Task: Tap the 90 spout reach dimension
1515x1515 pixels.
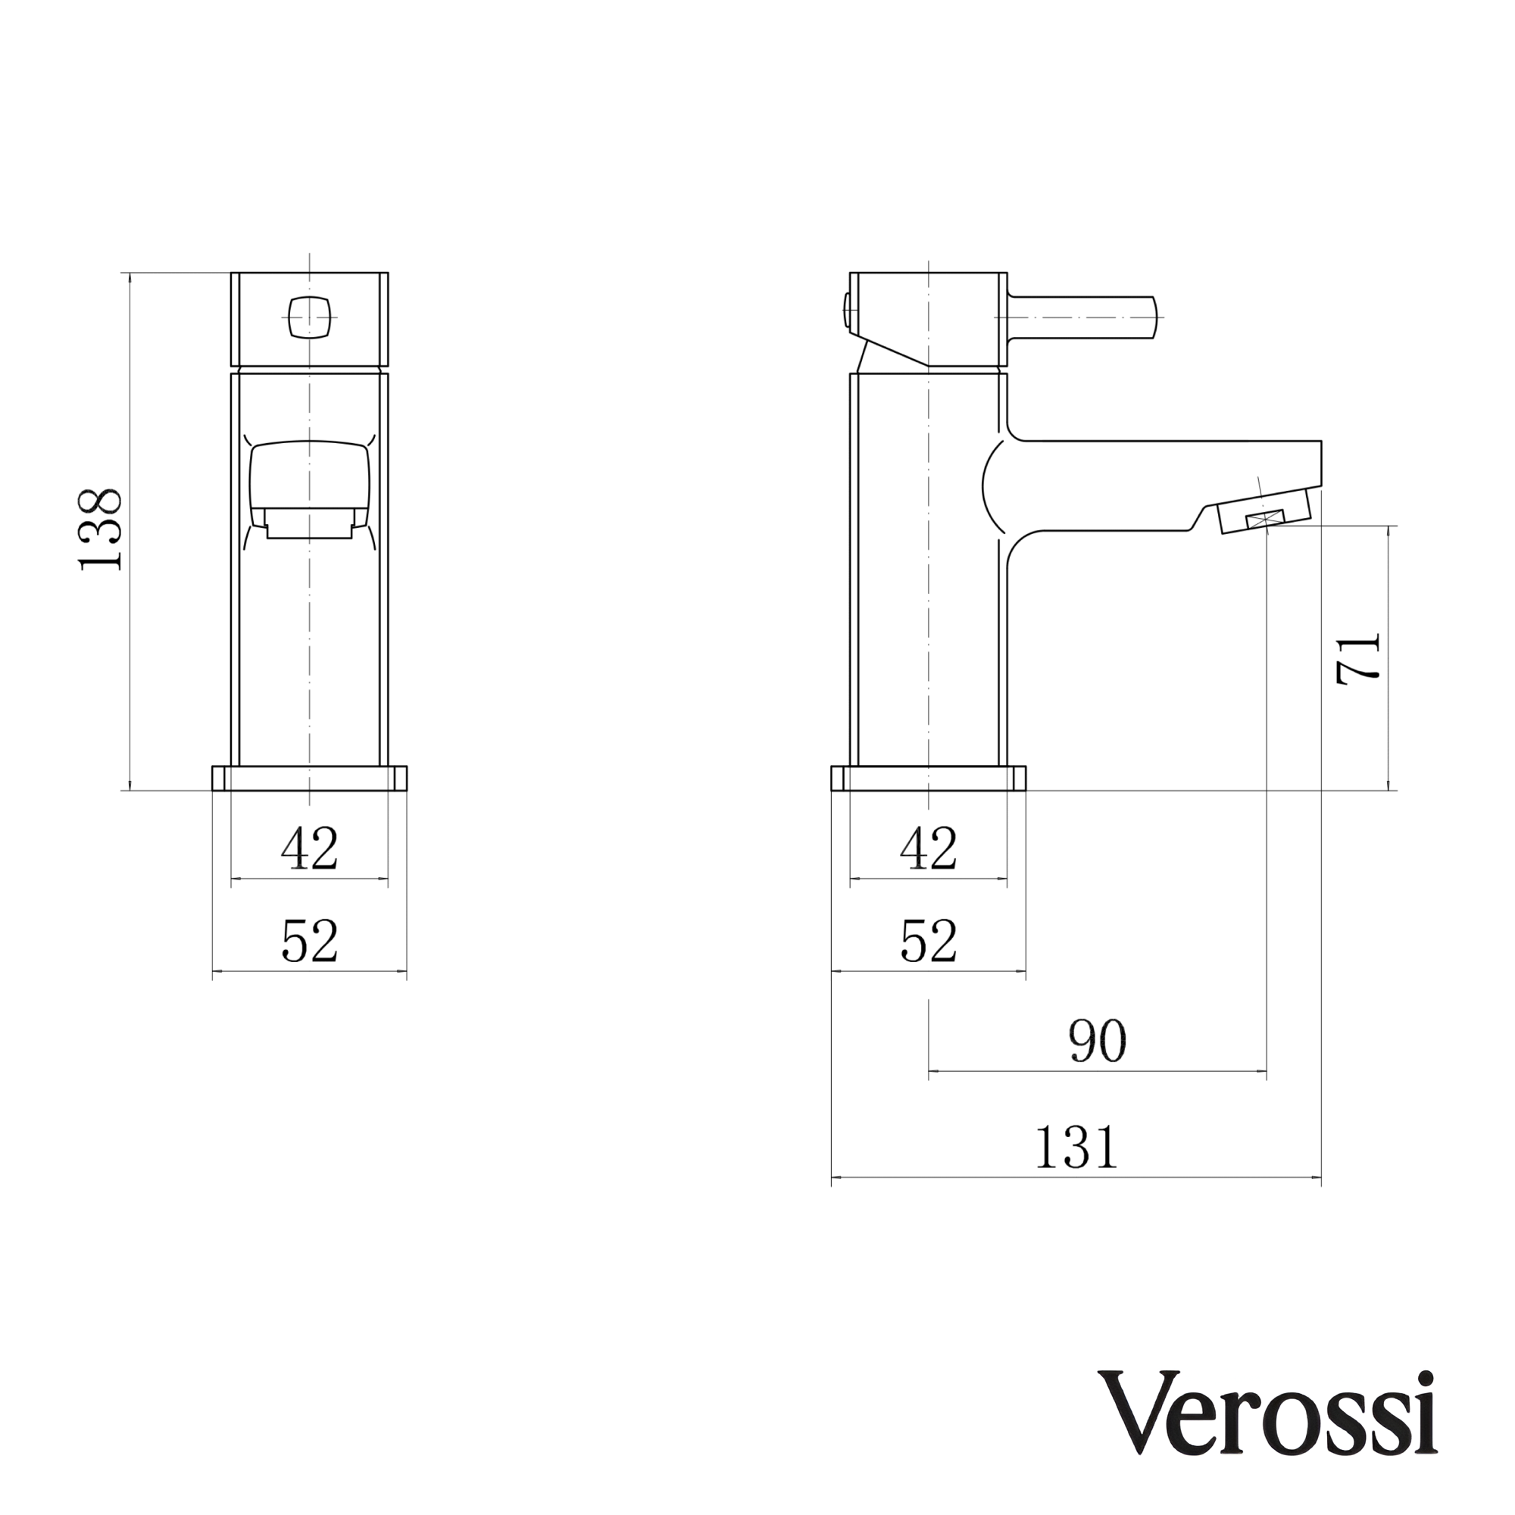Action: (1097, 1042)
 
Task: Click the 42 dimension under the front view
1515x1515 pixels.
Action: (310, 848)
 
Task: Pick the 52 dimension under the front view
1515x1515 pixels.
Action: (310, 941)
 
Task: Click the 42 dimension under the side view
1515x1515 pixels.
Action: (929, 848)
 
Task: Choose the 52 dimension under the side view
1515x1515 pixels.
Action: (929, 941)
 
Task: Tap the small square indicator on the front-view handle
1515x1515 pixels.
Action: (309, 317)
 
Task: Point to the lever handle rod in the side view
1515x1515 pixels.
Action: (1082, 317)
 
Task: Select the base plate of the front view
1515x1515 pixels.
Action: (310, 779)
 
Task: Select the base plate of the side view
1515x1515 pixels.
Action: (929, 779)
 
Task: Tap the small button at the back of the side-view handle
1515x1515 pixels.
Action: (846, 311)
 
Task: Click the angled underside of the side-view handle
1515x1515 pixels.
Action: (894, 353)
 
